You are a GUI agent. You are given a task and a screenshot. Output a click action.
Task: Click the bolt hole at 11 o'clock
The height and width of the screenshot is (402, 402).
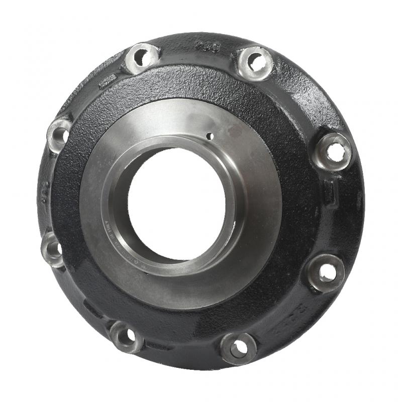[x=142, y=56]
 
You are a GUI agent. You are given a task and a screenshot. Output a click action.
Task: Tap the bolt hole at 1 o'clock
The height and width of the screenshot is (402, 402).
[x=255, y=62]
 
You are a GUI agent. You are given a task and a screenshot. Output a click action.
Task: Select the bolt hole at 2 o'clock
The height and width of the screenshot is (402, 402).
[x=333, y=150]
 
